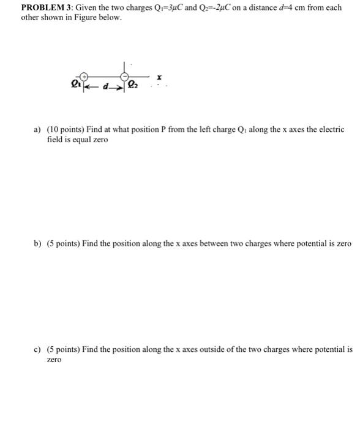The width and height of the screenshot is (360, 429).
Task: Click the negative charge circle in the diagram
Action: (124, 77)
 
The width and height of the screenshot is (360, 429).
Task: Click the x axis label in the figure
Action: (159, 78)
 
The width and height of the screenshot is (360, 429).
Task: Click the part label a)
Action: (37, 130)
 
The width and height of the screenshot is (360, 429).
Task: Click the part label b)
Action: (37, 244)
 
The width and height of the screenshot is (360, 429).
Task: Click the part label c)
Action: (37, 350)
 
